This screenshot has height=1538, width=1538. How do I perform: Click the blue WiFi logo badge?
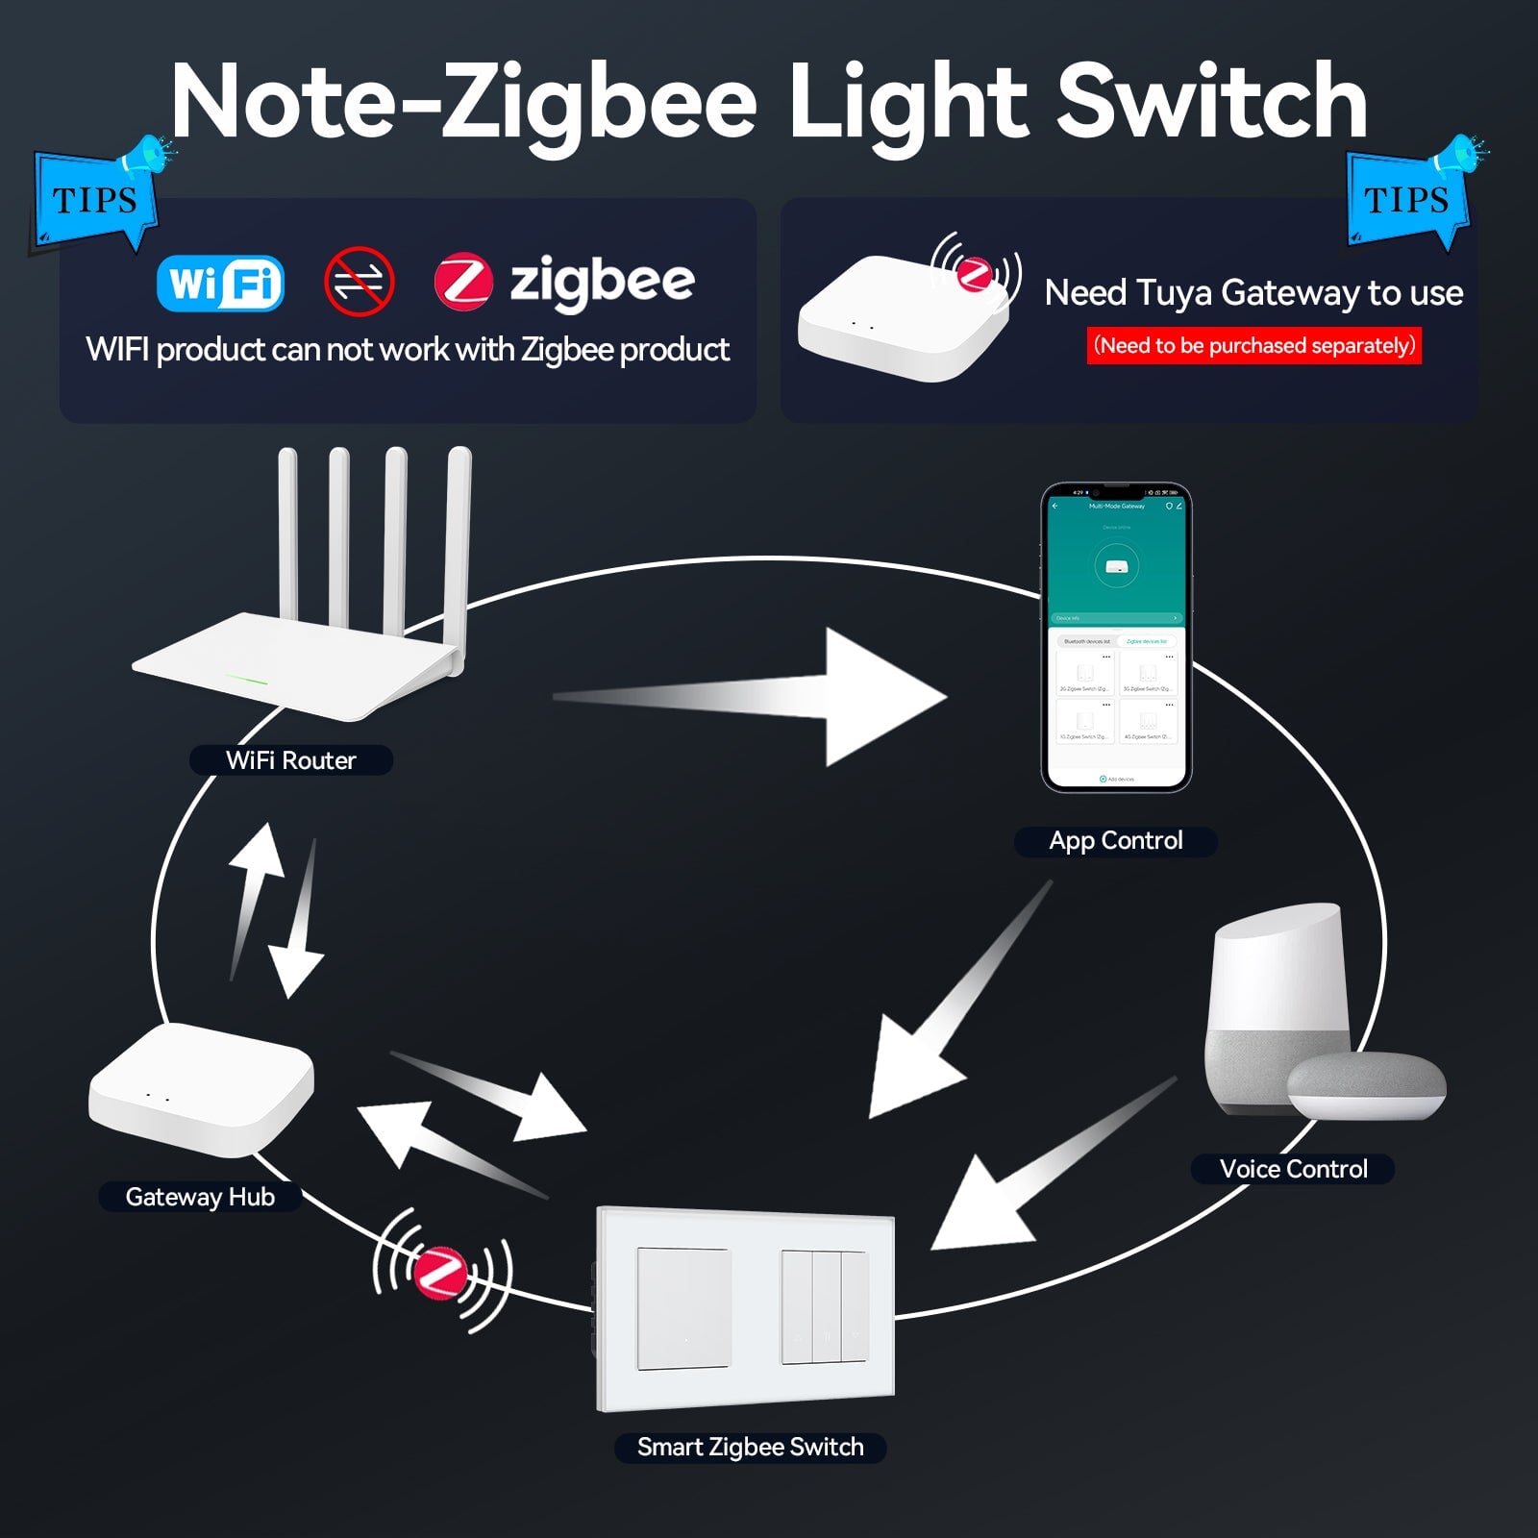220,284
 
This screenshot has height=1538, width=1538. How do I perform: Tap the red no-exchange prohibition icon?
359,282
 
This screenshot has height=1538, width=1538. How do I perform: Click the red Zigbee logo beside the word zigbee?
463,283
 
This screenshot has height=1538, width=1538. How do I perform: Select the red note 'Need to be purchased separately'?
1253,346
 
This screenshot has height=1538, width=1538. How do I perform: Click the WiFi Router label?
290,760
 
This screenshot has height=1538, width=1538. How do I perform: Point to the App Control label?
1115,841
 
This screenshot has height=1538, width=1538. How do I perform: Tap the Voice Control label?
1293,1169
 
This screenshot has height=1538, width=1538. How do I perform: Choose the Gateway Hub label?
200,1197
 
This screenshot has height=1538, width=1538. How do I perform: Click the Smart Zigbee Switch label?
750,1447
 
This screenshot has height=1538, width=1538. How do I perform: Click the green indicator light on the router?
247,681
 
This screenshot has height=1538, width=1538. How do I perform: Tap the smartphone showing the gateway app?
1116,637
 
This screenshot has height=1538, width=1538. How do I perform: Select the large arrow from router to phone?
769,697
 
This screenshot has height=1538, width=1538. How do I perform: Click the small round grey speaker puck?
1366,1085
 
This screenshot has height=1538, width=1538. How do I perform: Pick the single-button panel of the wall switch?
683,1307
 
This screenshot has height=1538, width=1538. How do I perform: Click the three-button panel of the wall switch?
824,1307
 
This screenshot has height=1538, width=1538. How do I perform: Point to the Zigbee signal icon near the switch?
442,1272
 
